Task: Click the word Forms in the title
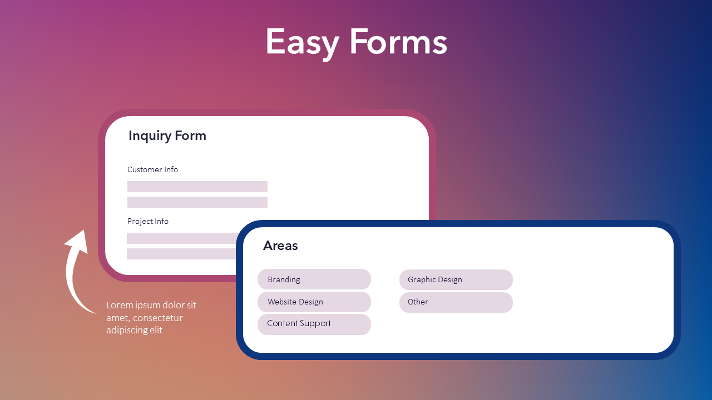(398, 42)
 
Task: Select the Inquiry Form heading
(167, 136)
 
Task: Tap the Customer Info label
(152, 169)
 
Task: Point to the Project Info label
(148, 221)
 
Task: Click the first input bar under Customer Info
(197, 187)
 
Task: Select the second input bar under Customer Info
(197, 202)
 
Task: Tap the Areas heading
(280, 246)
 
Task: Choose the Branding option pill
(314, 279)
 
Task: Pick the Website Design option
(314, 302)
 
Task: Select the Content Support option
(314, 324)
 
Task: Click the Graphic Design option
(456, 279)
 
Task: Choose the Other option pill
(456, 302)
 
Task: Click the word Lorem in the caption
(119, 305)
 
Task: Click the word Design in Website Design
(310, 302)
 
